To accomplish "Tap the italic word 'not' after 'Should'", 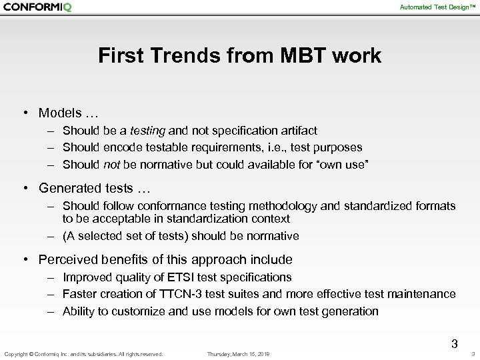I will click(x=112, y=164).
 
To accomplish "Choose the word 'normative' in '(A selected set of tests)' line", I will click(x=274, y=236).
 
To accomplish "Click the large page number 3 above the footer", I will click(x=455, y=344).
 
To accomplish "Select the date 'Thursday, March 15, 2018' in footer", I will click(x=239, y=354).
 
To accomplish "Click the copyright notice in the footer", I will click(x=83, y=354).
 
